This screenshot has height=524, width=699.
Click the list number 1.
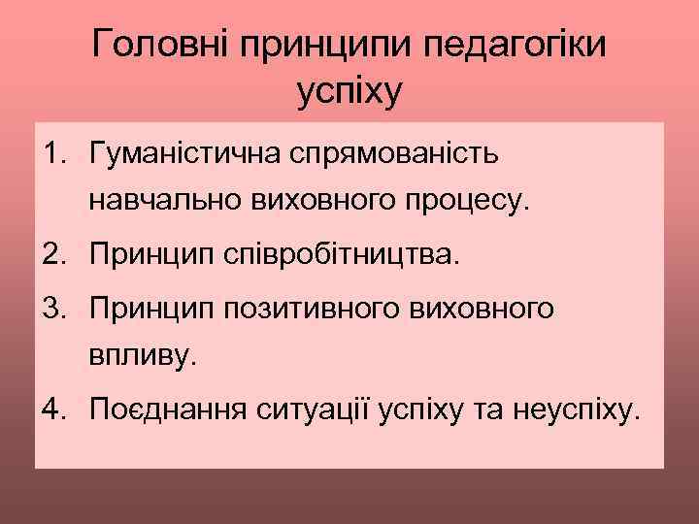pos(55,151)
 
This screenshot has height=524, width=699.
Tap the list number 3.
pos(55,310)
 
